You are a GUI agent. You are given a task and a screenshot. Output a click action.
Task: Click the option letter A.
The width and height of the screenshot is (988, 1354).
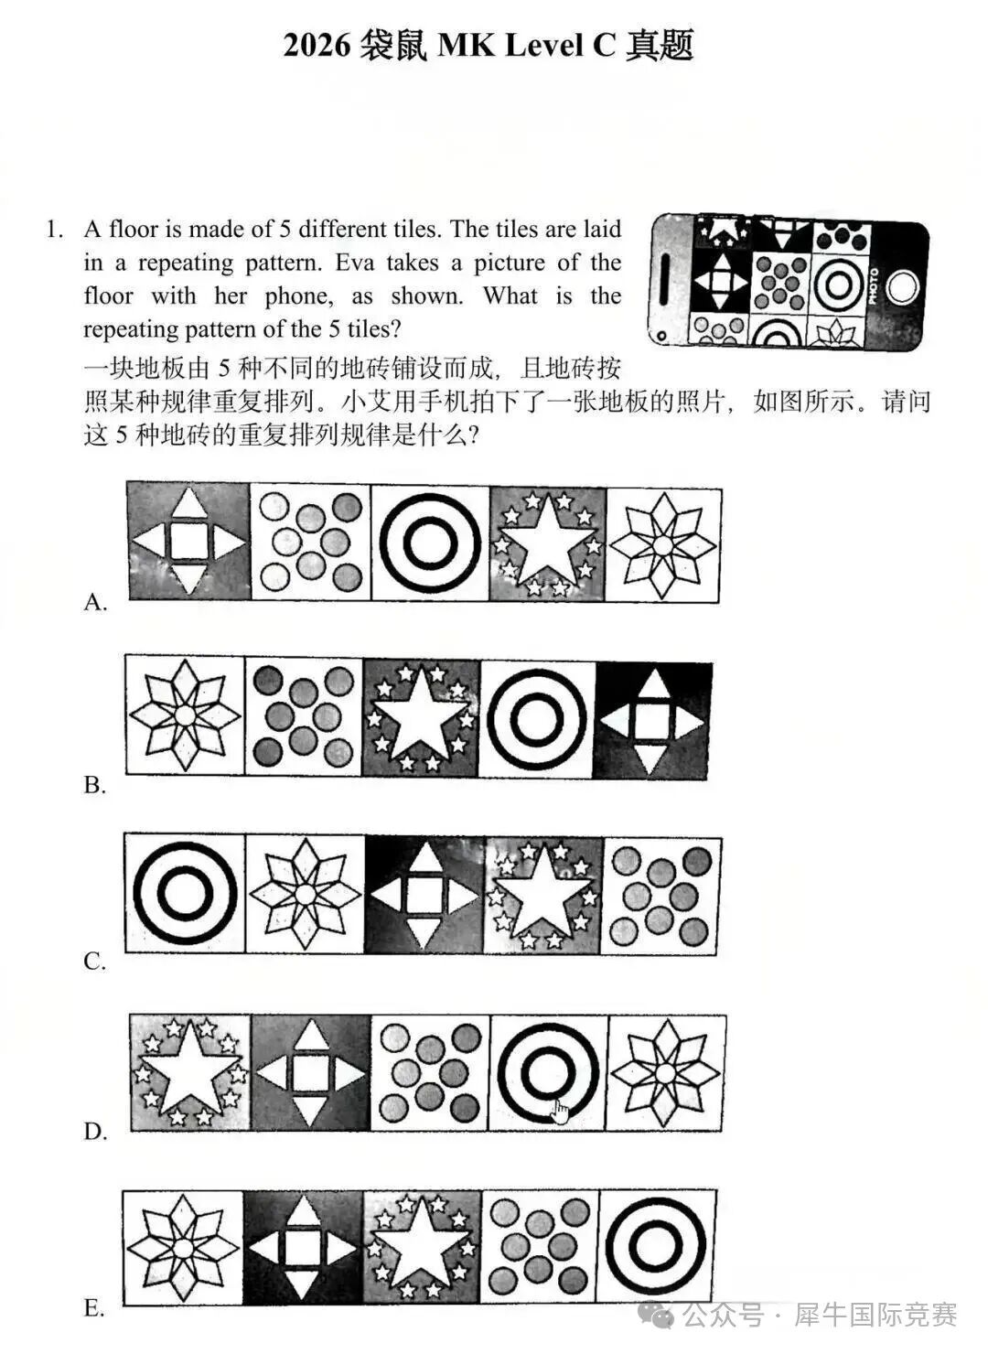tap(95, 602)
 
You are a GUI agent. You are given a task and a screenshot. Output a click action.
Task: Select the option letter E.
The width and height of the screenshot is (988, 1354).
tap(94, 1308)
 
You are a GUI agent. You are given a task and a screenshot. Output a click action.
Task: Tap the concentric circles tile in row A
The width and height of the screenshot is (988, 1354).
tap(430, 543)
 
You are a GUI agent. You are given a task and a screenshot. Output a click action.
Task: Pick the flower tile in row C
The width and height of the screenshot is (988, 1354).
tap(306, 894)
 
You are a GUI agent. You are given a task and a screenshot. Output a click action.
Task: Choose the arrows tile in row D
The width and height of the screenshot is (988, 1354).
tap(311, 1072)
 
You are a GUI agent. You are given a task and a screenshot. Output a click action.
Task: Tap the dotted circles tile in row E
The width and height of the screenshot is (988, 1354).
tap(539, 1246)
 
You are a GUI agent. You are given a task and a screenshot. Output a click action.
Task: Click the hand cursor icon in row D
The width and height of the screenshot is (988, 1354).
tap(560, 1112)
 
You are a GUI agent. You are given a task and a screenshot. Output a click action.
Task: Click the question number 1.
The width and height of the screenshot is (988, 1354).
tap(54, 230)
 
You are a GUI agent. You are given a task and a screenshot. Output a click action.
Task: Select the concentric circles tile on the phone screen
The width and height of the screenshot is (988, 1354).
tap(835, 285)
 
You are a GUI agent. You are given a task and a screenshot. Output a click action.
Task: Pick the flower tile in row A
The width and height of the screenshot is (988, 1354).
tap(663, 544)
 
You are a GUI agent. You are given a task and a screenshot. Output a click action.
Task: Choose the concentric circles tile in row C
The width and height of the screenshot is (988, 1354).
tap(185, 894)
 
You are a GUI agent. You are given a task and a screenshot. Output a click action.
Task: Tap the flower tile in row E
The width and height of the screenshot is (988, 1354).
tap(183, 1246)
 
